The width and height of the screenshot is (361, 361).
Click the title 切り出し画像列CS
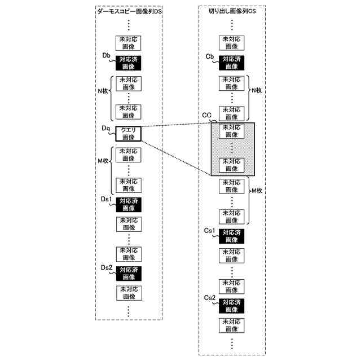click(232, 11)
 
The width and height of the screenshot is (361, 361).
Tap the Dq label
click(105, 129)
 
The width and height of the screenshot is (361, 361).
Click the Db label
click(105, 55)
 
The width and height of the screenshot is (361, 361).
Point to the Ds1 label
click(107, 199)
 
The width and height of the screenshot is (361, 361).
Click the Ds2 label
click(107, 267)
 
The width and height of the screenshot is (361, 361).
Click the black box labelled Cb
click(232, 62)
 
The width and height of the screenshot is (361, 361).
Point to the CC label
click(206, 115)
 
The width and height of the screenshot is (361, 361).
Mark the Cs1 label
click(210, 231)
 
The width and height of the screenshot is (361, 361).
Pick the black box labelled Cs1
click(232, 236)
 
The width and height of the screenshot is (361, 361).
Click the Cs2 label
click(210, 297)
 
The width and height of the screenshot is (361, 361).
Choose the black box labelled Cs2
click(232, 306)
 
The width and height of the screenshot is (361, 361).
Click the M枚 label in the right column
click(257, 191)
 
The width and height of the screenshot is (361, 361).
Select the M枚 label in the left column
click(103, 161)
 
